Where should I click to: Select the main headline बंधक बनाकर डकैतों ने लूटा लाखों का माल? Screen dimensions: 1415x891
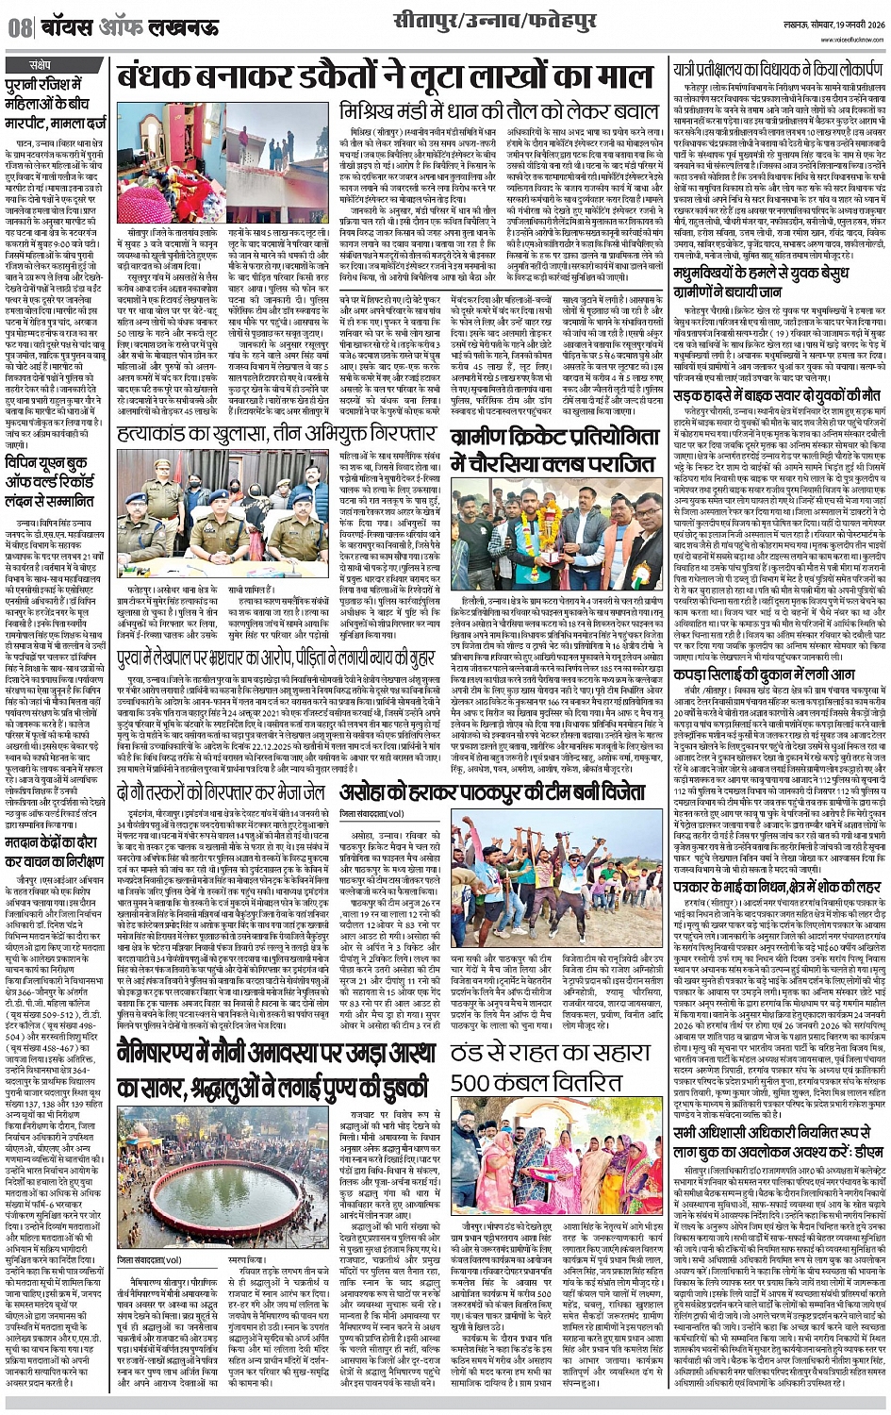tap(384, 79)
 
